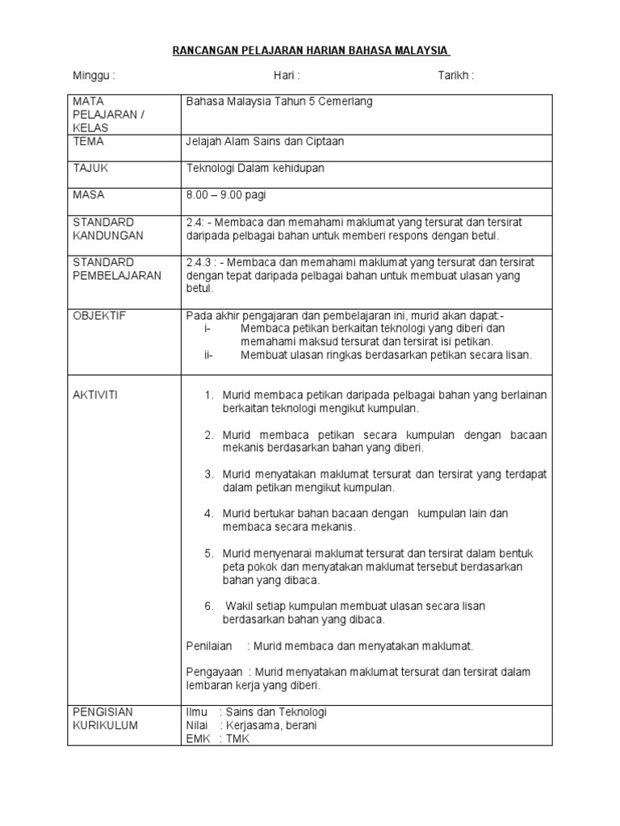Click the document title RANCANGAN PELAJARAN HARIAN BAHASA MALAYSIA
click(311, 51)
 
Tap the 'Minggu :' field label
click(94, 76)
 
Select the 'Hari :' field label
click(287, 76)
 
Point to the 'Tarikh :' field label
click(455, 76)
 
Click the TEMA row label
click(88, 141)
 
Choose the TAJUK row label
click(90, 168)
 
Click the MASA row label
click(89, 194)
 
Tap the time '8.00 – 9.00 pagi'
click(226, 195)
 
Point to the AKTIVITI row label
click(96, 394)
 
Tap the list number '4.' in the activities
click(208, 513)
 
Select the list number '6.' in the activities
click(208, 606)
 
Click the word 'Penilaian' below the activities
click(209, 646)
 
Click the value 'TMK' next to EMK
click(238, 738)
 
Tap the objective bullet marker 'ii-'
click(209, 355)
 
